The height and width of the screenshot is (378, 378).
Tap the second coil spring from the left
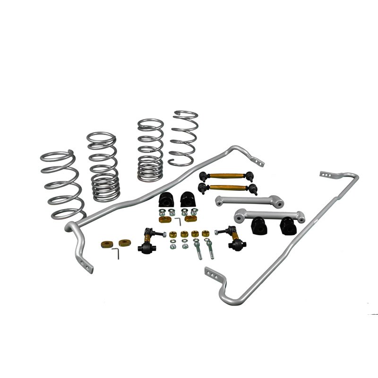pos(103,165)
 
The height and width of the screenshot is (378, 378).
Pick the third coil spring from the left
pos(150,150)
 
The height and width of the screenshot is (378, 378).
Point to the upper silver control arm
pos(249,201)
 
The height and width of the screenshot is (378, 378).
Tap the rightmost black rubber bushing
pos(287,226)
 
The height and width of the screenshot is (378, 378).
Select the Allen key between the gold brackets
pos(178,221)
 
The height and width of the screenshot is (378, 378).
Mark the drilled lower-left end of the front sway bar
pos(86,263)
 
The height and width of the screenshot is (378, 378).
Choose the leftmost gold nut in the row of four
pos(173,234)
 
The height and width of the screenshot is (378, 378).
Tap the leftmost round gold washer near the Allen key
pos(106,244)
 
